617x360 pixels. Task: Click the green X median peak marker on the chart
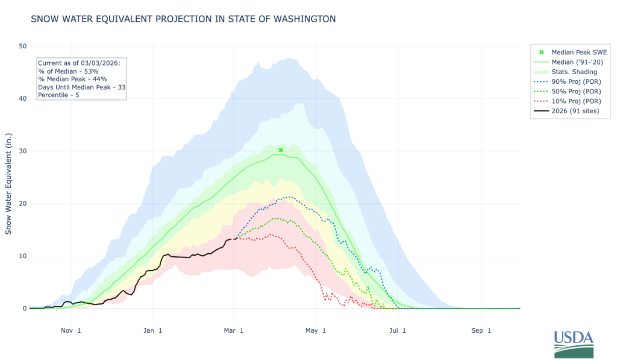click(281, 151)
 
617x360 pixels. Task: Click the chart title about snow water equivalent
click(183, 19)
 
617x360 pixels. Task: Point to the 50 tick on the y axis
click(23, 46)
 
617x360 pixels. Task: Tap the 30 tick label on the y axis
click(23, 151)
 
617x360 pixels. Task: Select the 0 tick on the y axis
click(25, 308)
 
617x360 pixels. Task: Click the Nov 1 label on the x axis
click(71, 330)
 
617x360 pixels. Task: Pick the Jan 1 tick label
click(152, 330)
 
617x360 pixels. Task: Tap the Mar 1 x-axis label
click(234, 330)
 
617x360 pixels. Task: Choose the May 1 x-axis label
click(316, 330)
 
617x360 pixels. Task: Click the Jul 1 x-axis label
click(398, 330)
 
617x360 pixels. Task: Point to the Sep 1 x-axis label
click(481, 330)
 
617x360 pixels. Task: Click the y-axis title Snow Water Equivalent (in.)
click(8, 184)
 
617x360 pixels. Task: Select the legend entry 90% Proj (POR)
click(568, 81)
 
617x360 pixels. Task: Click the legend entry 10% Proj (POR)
click(568, 101)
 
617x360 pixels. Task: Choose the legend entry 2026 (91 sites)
click(566, 111)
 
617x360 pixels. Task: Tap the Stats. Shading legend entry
click(565, 72)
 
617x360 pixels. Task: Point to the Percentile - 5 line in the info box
click(58, 95)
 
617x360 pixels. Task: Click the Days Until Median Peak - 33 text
click(82, 87)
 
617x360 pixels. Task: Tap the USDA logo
click(574, 344)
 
